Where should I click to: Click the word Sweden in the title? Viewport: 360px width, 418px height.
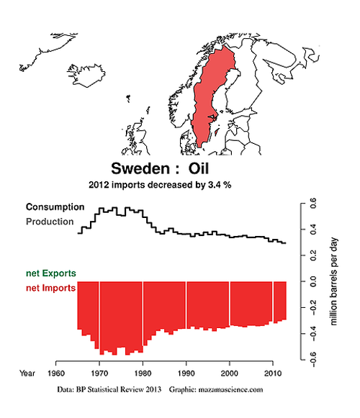pyautogui.click(x=140, y=169)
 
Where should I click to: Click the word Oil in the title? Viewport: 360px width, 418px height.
pyautogui.click(x=199, y=169)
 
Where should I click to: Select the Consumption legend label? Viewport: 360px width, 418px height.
pyautogui.click(x=55, y=207)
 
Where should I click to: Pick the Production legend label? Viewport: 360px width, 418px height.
pyautogui.click(x=50, y=222)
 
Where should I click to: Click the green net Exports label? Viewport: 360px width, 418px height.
pyautogui.click(x=50, y=273)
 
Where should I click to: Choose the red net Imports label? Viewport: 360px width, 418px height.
pyautogui.click(x=50, y=288)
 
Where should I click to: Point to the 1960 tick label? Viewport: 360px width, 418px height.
pyautogui.click(x=56, y=373)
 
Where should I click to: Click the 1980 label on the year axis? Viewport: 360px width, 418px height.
pyautogui.click(x=143, y=373)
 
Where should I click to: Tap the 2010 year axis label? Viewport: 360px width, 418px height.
pyautogui.click(x=273, y=373)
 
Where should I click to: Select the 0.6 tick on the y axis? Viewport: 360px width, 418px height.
pyautogui.click(x=313, y=203)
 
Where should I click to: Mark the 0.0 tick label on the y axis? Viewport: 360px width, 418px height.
pyautogui.click(x=313, y=281)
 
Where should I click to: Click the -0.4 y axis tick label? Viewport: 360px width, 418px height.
pyautogui.click(x=313, y=334)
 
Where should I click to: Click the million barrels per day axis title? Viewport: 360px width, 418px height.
pyautogui.click(x=334, y=281)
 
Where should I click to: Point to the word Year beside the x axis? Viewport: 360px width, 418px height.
pyautogui.click(x=27, y=373)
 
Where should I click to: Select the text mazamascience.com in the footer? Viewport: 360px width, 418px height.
pyautogui.click(x=230, y=389)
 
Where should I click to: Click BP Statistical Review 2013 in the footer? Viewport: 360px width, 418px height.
pyautogui.click(x=119, y=389)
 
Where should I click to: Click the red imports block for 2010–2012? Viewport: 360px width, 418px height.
pyautogui.click(x=280, y=301)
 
